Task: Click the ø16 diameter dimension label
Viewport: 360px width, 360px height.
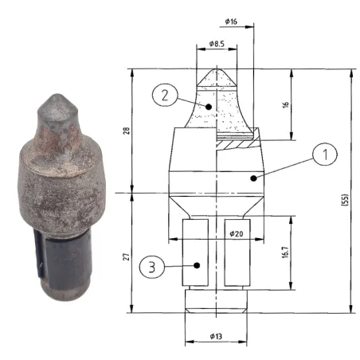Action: coord(231,22)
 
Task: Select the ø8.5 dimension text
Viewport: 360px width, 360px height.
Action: coord(217,44)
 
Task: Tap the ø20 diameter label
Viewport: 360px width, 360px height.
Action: coord(237,233)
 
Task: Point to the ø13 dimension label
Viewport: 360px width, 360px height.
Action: coord(216,336)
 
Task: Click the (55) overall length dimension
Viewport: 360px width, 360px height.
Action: coord(344,200)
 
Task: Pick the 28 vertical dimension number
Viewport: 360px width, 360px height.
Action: coord(127,131)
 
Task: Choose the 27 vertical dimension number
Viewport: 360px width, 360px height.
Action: coord(127,256)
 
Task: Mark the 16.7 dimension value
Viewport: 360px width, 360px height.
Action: coord(285,252)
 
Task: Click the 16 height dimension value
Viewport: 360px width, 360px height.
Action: coord(285,104)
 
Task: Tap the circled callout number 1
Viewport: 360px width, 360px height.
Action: coord(325,154)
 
